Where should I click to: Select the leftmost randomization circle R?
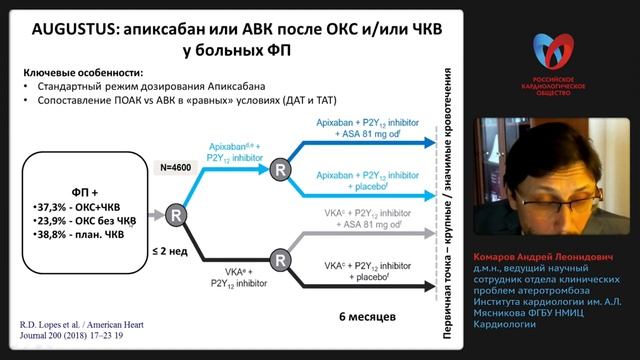click(x=176, y=215)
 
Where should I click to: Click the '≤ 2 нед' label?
click(x=176, y=252)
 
